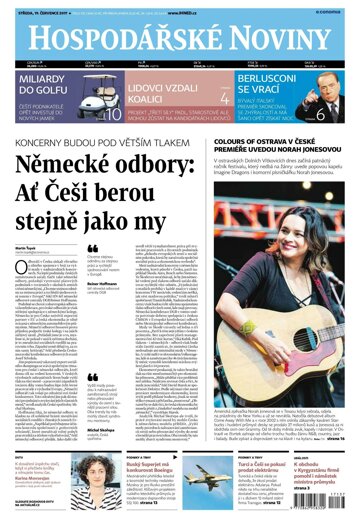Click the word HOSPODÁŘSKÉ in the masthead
point(112,37)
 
